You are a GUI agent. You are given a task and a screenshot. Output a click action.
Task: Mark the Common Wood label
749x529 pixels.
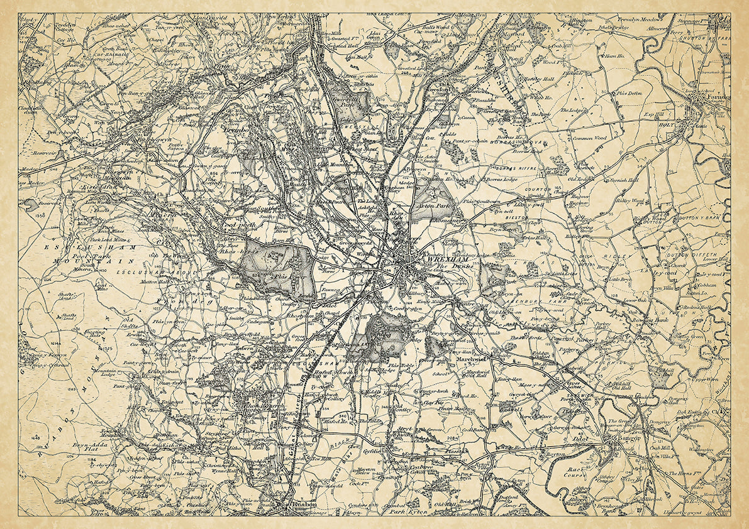pos(589,137)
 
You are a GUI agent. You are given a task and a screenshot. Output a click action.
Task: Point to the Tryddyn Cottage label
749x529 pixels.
pos(65,29)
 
